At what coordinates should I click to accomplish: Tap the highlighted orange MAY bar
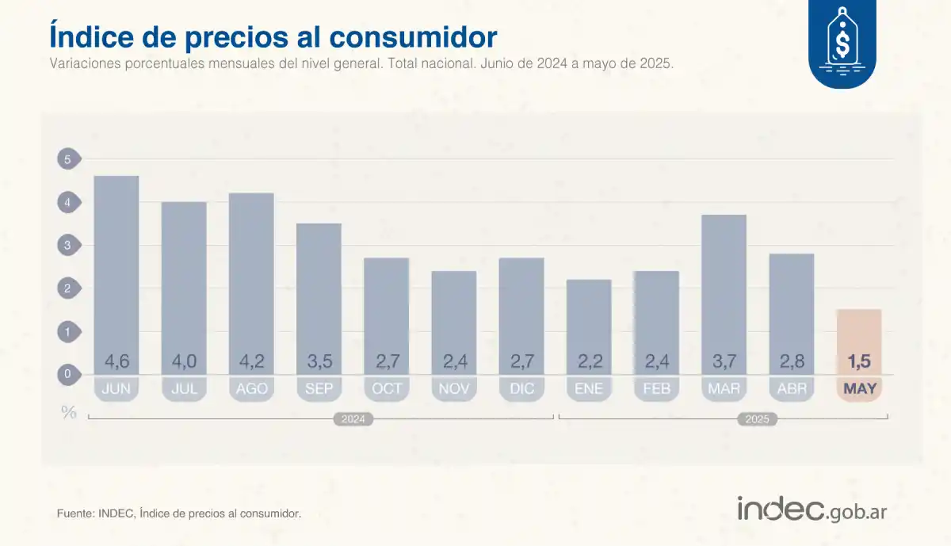point(859,333)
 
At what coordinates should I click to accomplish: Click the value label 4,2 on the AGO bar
point(251,362)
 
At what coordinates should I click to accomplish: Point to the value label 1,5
point(859,362)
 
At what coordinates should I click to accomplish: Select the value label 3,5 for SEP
point(319,362)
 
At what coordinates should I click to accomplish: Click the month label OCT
point(387,389)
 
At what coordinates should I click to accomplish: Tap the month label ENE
point(589,389)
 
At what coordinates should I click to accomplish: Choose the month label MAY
point(859,389)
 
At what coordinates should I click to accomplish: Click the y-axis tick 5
point(67,160)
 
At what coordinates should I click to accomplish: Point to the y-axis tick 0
point(67,374)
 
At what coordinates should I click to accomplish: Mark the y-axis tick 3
point(67,246)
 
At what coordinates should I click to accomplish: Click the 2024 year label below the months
point(353,419)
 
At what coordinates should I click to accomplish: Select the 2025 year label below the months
point(756,419)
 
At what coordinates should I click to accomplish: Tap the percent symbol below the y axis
point(69,412)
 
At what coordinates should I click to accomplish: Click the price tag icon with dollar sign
point(842,40)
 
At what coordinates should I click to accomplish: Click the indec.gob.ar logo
point(812,510)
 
